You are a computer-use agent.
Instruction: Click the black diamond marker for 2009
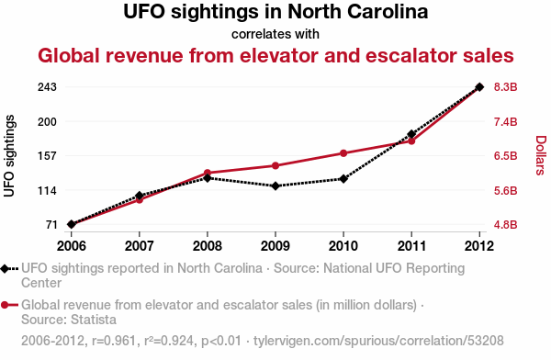[275, 186]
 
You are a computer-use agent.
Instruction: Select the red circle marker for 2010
[343, 153]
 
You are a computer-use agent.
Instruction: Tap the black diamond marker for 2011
[411, 134]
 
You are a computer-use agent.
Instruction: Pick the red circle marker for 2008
[208, 173]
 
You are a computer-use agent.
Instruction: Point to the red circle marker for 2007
[140, 200]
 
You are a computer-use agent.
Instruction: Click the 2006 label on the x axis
[72, 246]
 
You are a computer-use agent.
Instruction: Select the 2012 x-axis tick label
[479, 246]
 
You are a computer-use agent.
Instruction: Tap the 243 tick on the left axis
[47, 87]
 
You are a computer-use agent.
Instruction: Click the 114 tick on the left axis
[47, 191]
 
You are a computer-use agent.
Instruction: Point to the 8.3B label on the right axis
[505, 87]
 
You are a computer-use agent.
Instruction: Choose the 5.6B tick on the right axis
[505, 191]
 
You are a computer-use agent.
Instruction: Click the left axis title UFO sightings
[9, 156]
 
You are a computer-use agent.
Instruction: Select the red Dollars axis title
[541, 155]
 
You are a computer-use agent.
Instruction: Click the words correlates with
[275, 34]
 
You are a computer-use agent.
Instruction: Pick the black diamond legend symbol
[5, 269]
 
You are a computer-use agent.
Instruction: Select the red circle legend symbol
[5, 305]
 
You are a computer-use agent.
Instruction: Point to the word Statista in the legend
[94, 320]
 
